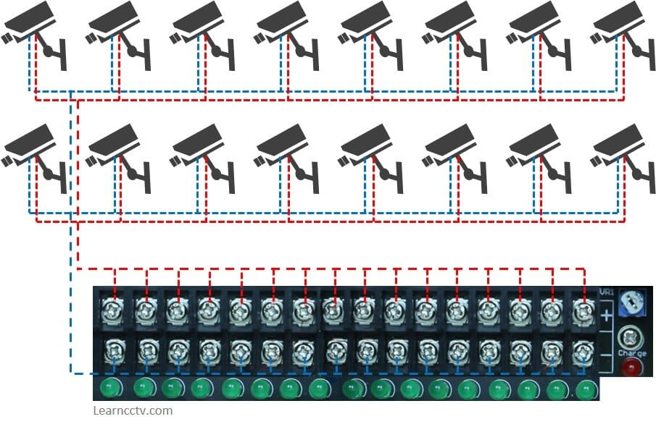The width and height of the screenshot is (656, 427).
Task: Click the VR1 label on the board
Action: click(x=607, y=292)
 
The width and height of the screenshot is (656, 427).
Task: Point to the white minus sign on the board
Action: click(x=606, y=356)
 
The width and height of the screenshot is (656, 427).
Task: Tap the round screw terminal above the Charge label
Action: click(x=628, y=337)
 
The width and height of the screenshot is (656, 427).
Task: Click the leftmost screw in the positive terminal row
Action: click(x=115, y=311)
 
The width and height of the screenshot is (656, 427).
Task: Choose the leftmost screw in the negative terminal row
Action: click(x=115, y=352)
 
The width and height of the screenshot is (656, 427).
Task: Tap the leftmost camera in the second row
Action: click(x=29, y=145)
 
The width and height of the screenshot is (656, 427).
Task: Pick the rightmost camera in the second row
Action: click(x=620, y=145)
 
